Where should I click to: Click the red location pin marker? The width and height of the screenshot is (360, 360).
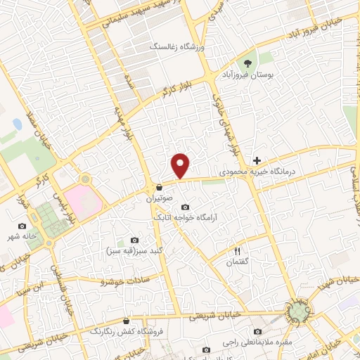tap(181, 165)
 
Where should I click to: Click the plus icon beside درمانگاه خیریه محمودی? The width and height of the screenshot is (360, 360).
tap(257, 161)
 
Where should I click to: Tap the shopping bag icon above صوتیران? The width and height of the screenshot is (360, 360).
tap(162, 188)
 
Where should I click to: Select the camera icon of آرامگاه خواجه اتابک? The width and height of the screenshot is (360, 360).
tap(185, 207)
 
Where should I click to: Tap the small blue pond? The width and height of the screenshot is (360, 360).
tap(17, 124)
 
